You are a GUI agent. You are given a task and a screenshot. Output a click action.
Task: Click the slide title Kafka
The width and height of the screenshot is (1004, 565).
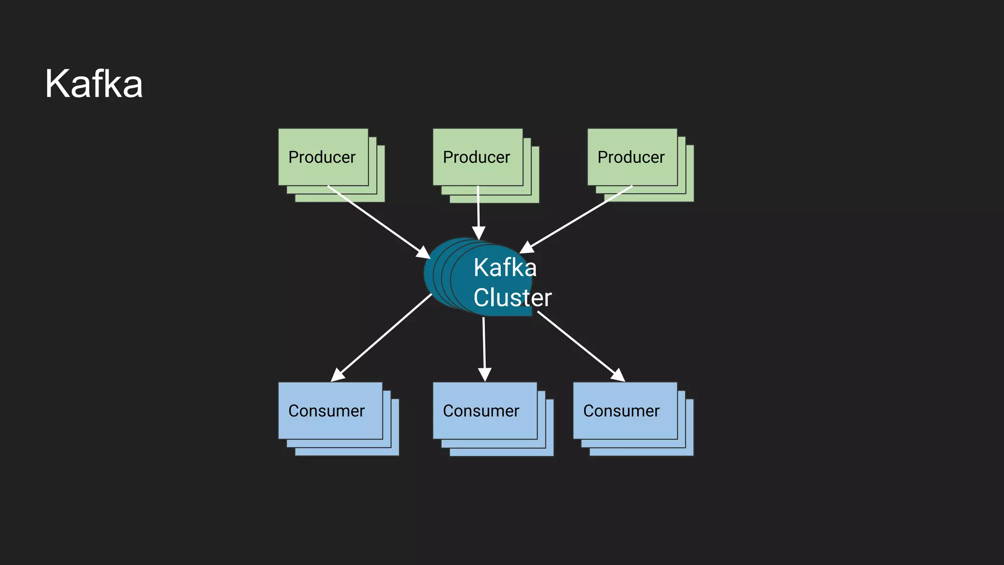click(x=94, y=84)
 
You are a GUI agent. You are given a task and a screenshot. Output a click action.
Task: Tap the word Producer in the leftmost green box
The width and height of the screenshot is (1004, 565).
click(x=322, y=157)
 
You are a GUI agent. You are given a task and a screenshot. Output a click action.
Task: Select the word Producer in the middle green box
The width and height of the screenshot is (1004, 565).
click(x=476, y=157)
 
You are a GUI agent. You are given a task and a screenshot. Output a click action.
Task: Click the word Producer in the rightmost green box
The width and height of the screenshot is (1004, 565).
click(x=631, y=157)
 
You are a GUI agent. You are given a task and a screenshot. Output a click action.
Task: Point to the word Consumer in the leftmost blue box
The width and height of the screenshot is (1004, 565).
click(x=326, y=411)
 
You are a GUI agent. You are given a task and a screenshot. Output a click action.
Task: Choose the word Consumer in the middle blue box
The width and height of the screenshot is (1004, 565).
click(x=481, y=411)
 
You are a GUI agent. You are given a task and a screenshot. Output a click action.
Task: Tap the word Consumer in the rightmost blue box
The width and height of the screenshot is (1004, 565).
click(x=621, y=411)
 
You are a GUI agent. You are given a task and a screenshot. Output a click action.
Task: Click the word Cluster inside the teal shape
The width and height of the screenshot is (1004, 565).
click(x=512, y=298)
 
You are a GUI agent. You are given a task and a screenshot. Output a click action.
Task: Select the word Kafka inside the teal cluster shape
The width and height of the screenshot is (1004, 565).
click(x=505, y=268)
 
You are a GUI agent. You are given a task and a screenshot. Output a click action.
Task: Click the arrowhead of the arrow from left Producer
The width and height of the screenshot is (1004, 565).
click(x=424, y=253)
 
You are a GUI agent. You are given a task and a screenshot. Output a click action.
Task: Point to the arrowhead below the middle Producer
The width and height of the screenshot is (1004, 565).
click(x=478, y=233)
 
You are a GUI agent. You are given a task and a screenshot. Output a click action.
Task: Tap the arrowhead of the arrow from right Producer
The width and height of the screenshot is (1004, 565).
click(x=527, y=248)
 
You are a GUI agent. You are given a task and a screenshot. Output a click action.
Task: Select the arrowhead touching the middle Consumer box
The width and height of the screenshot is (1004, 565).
click(x=484, y=375)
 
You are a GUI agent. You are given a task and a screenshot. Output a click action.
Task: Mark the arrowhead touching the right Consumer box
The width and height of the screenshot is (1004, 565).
click(x=618, y=375)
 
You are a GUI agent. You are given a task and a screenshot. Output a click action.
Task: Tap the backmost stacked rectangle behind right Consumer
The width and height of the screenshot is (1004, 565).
click(x=690, y=452)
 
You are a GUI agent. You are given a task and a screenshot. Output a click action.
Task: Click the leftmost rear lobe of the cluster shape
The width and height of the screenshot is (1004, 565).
click(x=428, y=275)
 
